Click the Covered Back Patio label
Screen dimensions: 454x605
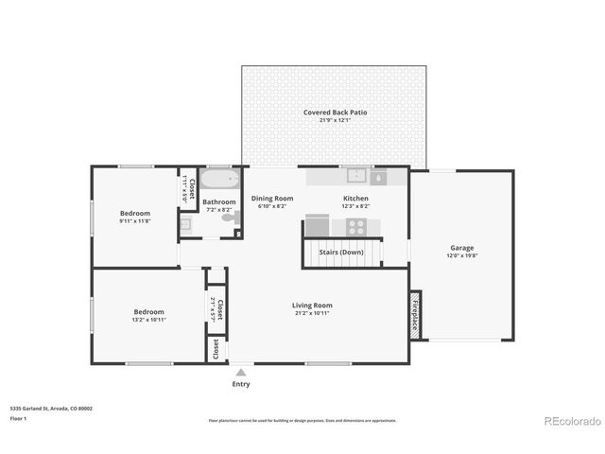(x=336, y=113)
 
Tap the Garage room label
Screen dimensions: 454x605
(x=461, y=248)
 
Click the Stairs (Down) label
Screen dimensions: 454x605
(x=338, y=253)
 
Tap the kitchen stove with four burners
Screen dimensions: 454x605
(x=356, y=226)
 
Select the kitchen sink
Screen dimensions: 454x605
(x=356, y=176)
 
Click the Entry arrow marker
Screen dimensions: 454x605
(x=241, y=373)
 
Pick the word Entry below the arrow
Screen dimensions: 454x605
(x=241, y=385)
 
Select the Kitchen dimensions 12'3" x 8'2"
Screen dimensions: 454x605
(x=355, y=206)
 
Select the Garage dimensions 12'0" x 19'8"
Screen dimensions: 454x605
(x=461, y=256)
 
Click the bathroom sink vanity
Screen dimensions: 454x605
(x=186, y=224)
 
